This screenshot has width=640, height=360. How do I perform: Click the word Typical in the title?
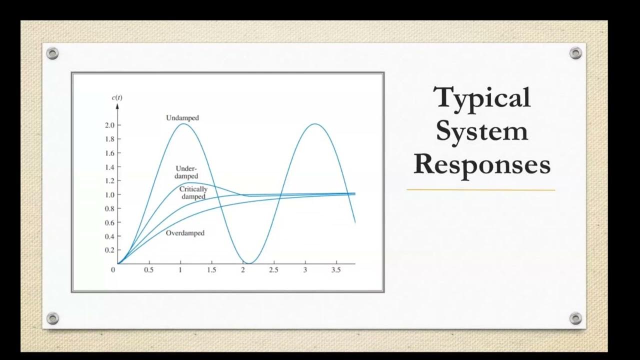[x=482, y=98]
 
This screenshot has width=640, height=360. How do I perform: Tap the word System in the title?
[x=482, y=131]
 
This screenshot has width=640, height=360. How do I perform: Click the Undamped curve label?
[x=182, y=118]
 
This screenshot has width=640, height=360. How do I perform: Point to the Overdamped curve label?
[x=185, y=233]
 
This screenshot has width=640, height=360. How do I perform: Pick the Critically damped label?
[x=193, y=193]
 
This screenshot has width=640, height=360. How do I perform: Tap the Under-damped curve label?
[x=186, y=172]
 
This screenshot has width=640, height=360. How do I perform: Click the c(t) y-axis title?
[x=117, y=97]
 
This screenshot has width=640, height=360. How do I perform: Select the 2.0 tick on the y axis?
[x=110, y=125]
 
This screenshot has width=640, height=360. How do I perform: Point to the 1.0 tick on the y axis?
[x=110, y=194]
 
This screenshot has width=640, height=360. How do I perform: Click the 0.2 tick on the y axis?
[x=110, y=250]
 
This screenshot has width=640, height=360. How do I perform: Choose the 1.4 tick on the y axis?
[x=110, y=167]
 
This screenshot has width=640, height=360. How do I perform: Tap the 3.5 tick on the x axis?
[x=336, y=270]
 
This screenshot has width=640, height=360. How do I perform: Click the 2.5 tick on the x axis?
[x=273, y=270]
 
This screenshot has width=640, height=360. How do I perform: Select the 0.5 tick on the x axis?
[x=149, y=270]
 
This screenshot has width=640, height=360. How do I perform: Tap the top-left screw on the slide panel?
[x=52, y=53]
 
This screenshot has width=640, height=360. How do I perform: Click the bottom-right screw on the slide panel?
[x=575, y=318]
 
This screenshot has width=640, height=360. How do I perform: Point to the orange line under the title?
[x=480, y=190]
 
